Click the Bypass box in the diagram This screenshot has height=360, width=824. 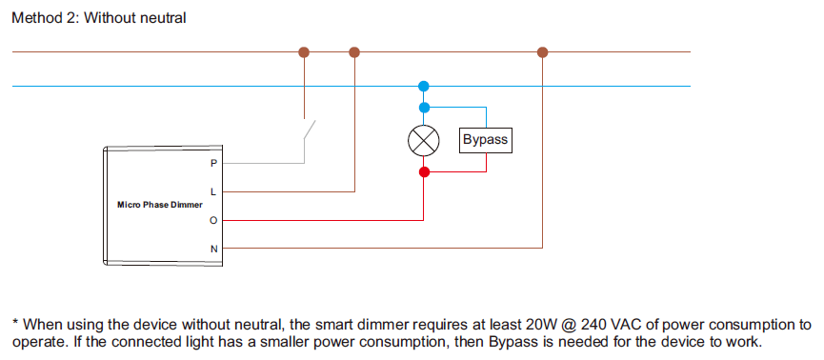click(x=485, y=140)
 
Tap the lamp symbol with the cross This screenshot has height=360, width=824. click(x=424, y=141)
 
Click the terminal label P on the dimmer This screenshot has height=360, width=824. click(x=213, y=163)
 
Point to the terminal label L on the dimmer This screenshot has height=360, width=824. click(x=213, y=191)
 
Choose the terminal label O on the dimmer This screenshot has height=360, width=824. click(x=213, y=220)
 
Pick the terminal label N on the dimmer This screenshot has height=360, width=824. click(x=213, y=250)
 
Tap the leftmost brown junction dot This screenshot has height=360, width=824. click(x=305, y=52)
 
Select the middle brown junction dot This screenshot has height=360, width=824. click(x=354, y=52)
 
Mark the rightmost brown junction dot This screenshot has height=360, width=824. click(x=543, y=52)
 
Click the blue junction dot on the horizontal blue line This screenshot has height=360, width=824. click(x=424, y=86)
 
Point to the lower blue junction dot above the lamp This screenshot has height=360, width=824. click(x=424, y=108)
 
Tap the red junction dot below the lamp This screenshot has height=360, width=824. click(x=424, y=172)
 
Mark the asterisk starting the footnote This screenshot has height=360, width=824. click(x=15, y=323)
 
